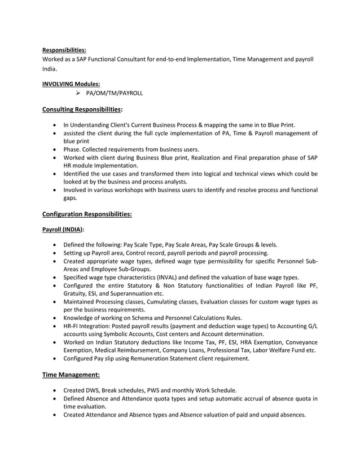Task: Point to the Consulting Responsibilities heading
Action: pos(82,108)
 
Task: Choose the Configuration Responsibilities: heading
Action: pos(87,214)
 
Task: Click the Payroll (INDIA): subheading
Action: pos(63,230)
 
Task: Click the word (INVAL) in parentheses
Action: pos(174,277)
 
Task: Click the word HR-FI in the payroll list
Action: pos(73,326)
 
